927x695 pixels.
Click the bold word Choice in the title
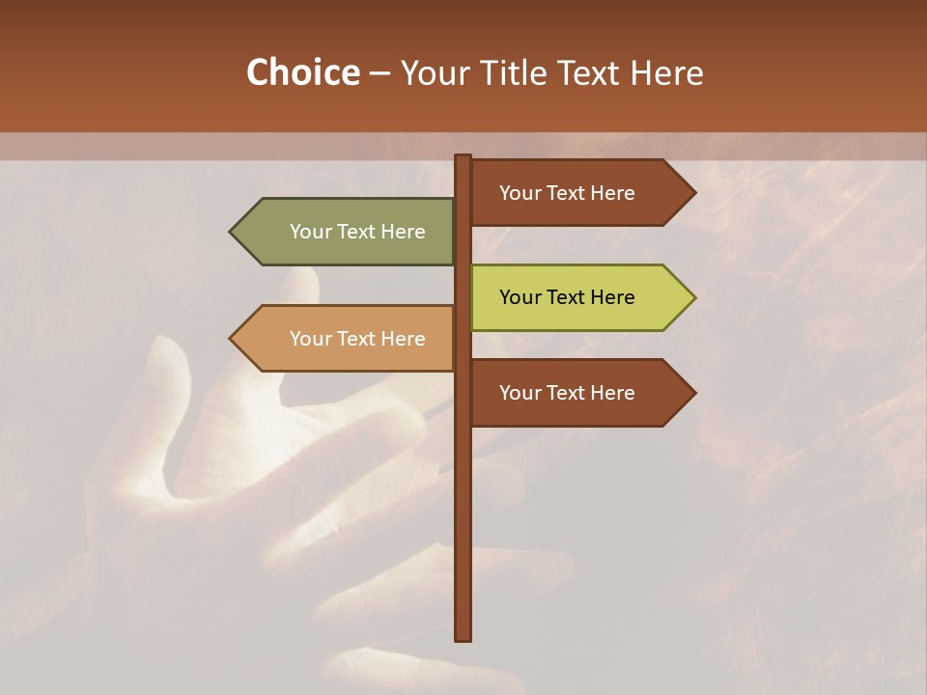302,72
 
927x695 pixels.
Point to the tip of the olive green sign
232,232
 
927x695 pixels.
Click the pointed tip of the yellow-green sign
693,297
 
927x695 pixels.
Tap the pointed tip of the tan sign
232,339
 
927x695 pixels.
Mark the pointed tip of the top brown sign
693,192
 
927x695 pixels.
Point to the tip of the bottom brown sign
693,393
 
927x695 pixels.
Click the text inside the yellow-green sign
567,297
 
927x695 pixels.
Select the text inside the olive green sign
357,232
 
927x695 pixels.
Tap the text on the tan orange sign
357,339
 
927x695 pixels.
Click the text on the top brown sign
567,193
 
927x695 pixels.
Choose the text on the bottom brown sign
567,393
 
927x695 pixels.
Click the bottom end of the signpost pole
463,636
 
